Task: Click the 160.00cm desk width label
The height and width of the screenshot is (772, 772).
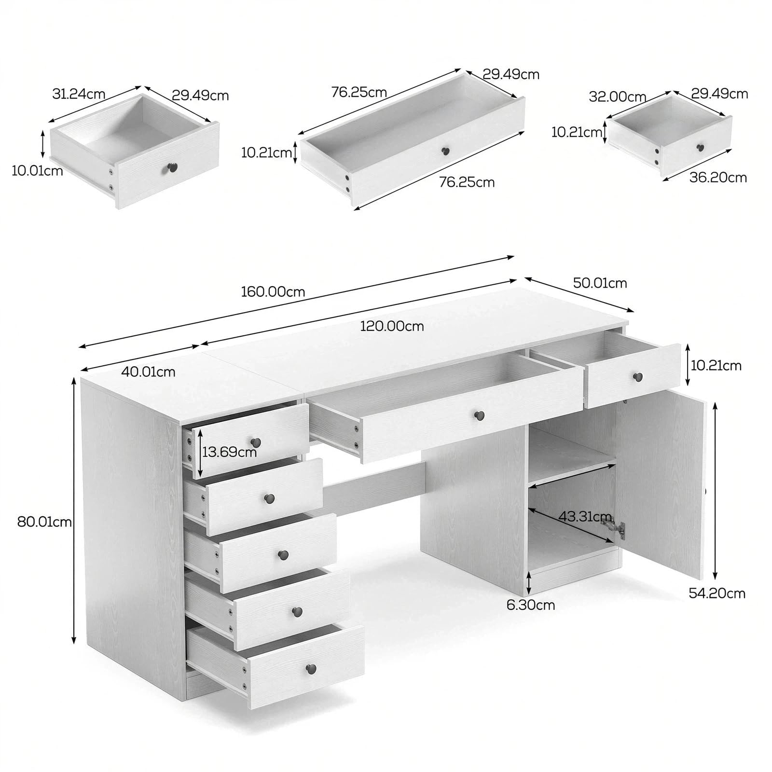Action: click(x=273, y=292)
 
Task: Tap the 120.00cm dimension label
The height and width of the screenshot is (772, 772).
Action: click(x=392, y=326)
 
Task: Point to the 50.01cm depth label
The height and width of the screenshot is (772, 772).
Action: click(x=600, y=283)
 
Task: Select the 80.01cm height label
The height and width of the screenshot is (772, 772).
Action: click(x=44, y=522)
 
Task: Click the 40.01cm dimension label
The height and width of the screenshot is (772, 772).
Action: click(x=148, y=372)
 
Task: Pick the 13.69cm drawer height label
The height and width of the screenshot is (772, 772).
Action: click(x=229, y=452)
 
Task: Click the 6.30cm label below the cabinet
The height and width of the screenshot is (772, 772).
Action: click(x=531, y=605)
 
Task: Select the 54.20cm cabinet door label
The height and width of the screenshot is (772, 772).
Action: click(x=717, y=593)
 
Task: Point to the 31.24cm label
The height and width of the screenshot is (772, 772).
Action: click(x=79, y=94)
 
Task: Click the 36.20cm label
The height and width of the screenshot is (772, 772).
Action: click(x=718, y=178)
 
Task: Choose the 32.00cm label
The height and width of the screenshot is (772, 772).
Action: click(x=618, y=96)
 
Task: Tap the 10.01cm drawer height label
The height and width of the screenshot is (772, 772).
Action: click(x=38, y=170)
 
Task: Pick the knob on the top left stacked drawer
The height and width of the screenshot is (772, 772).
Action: click(x=256, y=442)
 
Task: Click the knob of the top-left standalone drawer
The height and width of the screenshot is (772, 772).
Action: click(x=172, y=167)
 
